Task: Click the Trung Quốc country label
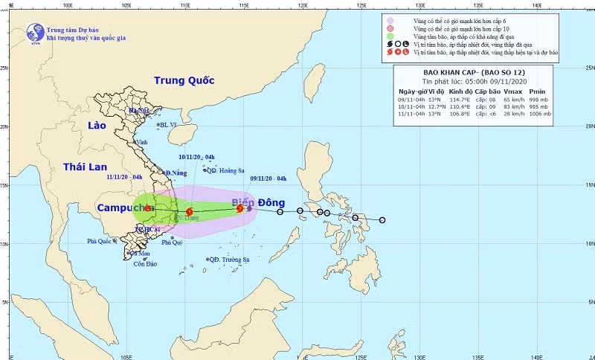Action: pos(184,80)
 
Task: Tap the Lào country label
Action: pos(97,126)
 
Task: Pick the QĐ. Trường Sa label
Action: pos(230,260)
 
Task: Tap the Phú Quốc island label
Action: pos(101,241)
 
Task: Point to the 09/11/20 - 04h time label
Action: pos(268,179)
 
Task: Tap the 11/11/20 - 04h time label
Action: pos(124,177)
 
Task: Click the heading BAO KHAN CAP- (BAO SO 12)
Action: pos(474,72)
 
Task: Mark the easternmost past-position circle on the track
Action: pos(382,220)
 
